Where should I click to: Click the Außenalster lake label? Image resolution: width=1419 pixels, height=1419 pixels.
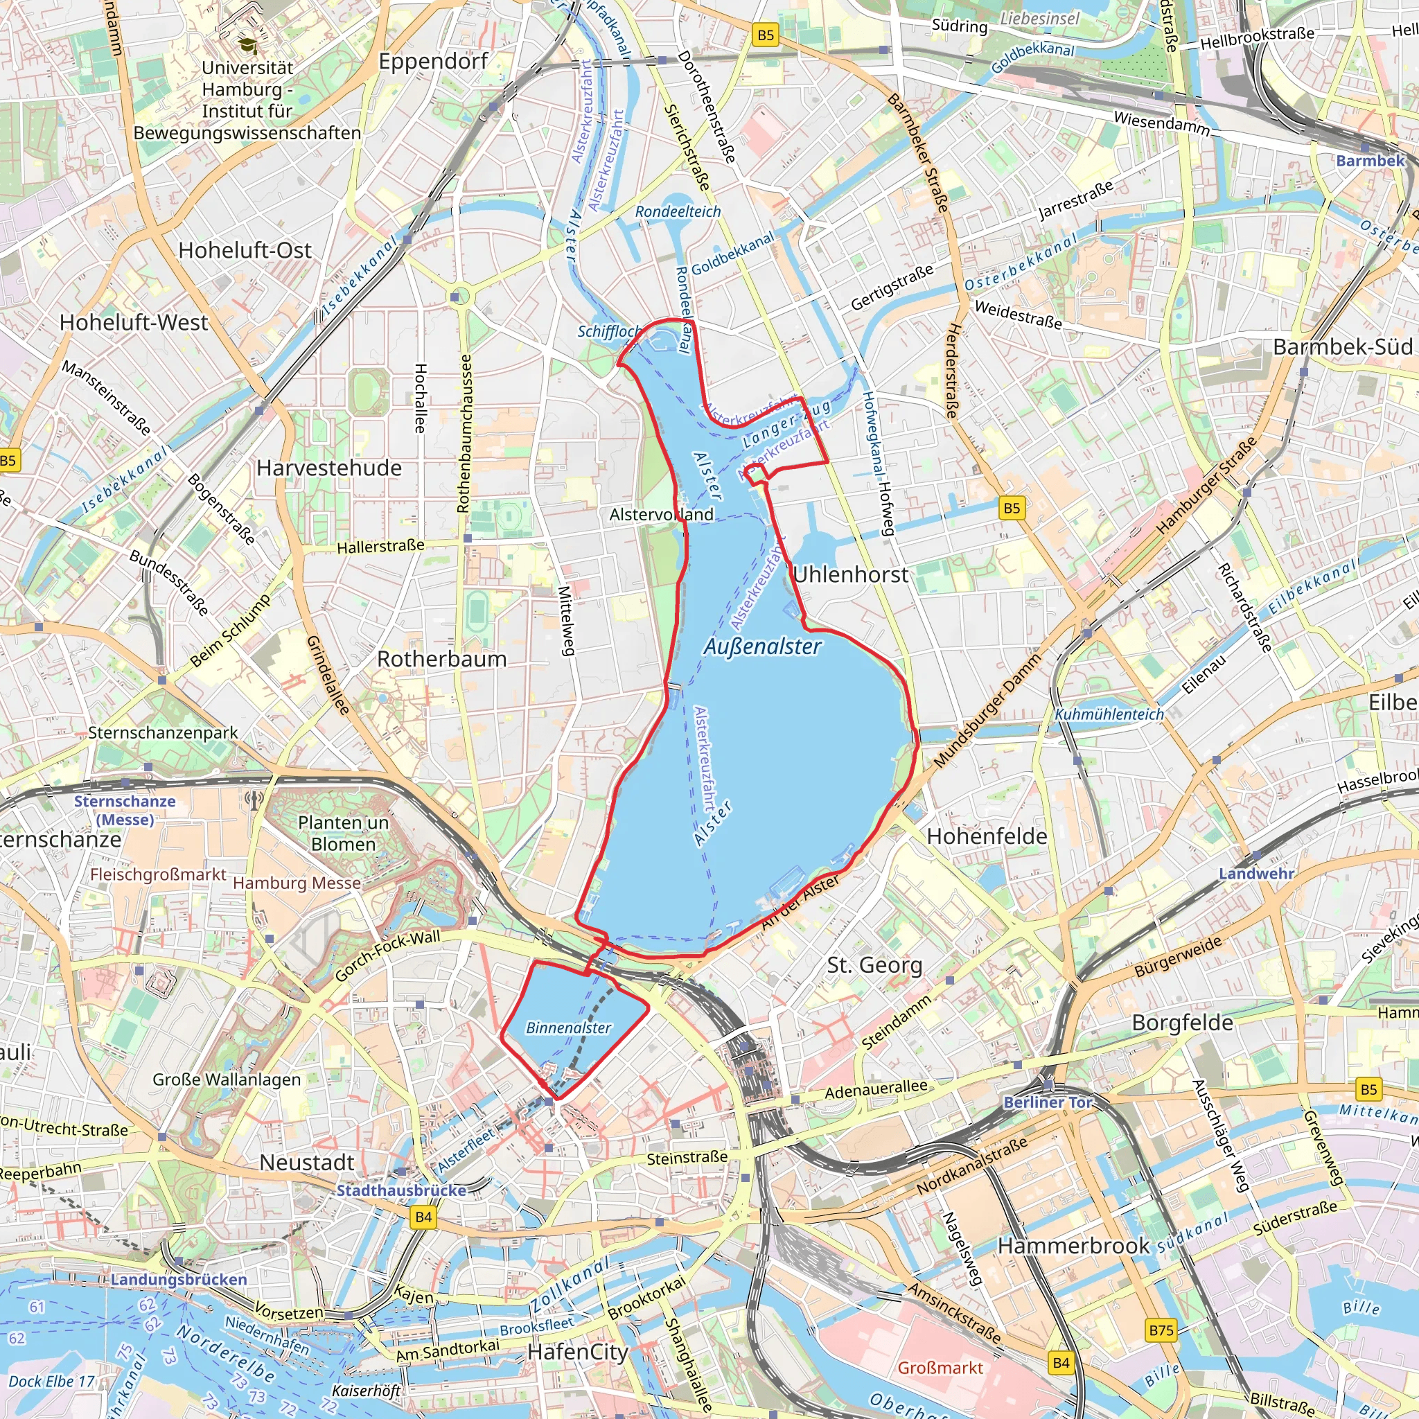(762, 646)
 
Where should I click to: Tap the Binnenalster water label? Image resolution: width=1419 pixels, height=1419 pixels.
(568, 1028)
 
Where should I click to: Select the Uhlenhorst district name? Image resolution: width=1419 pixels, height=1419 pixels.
(851, 574)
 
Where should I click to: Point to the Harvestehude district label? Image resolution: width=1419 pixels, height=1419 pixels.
(329, 468)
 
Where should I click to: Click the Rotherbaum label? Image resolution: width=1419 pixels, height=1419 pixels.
(441, 659)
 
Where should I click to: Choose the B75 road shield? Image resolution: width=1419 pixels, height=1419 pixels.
(1161, 1330)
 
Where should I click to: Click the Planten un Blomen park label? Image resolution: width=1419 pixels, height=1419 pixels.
(343, 833)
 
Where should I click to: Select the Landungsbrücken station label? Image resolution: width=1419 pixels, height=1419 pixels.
(179, 1280)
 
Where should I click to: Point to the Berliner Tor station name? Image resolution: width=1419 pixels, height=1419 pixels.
(1048, 1102)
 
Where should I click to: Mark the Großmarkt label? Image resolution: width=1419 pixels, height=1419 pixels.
(940, 1368)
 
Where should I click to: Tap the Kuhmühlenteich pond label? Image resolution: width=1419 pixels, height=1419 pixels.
(1109, 714)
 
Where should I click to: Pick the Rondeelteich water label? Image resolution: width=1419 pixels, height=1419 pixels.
(678, 211)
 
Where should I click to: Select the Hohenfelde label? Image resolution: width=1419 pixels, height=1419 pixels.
(987, 836)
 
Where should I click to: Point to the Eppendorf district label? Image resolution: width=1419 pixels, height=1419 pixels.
(433, 61)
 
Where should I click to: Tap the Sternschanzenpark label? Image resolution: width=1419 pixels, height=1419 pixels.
(163, 732)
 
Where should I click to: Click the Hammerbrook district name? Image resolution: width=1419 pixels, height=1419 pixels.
(1073, 1246)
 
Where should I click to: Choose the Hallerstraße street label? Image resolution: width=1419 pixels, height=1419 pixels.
(380, 547)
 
